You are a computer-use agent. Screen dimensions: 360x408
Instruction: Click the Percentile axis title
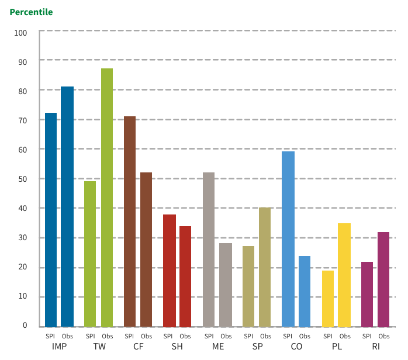[x=31, y=12]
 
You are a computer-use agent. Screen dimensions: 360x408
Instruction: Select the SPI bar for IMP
[x=51, y=220]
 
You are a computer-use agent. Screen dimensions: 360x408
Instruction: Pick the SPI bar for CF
[x=130, y=221]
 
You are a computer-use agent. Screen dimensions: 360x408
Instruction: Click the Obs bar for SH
[x=185, y=276]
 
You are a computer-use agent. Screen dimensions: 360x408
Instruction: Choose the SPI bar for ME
[x=209, y=250]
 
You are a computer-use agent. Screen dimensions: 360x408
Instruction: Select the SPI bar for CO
[x=288, y=239]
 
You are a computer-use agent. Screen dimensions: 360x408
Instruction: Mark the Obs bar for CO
[x=305, y=291]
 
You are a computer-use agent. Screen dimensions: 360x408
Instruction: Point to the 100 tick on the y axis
[x=21, y=33]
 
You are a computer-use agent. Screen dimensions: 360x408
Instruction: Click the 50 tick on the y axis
[x=23, y=179]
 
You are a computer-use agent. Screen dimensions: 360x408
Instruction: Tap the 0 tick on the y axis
[x=25, y=326]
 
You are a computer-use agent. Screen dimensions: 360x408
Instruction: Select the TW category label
[x=99, y=347]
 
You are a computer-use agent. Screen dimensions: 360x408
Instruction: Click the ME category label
[x=217, y=347]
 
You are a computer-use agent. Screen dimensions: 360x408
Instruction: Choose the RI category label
[x=376, y=347]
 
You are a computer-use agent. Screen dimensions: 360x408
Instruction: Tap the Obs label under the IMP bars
[x=68, y=336]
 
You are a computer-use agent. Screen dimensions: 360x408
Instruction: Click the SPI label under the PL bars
[x=327, y=336]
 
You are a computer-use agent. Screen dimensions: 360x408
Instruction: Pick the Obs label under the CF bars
[x=147, y=336]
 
